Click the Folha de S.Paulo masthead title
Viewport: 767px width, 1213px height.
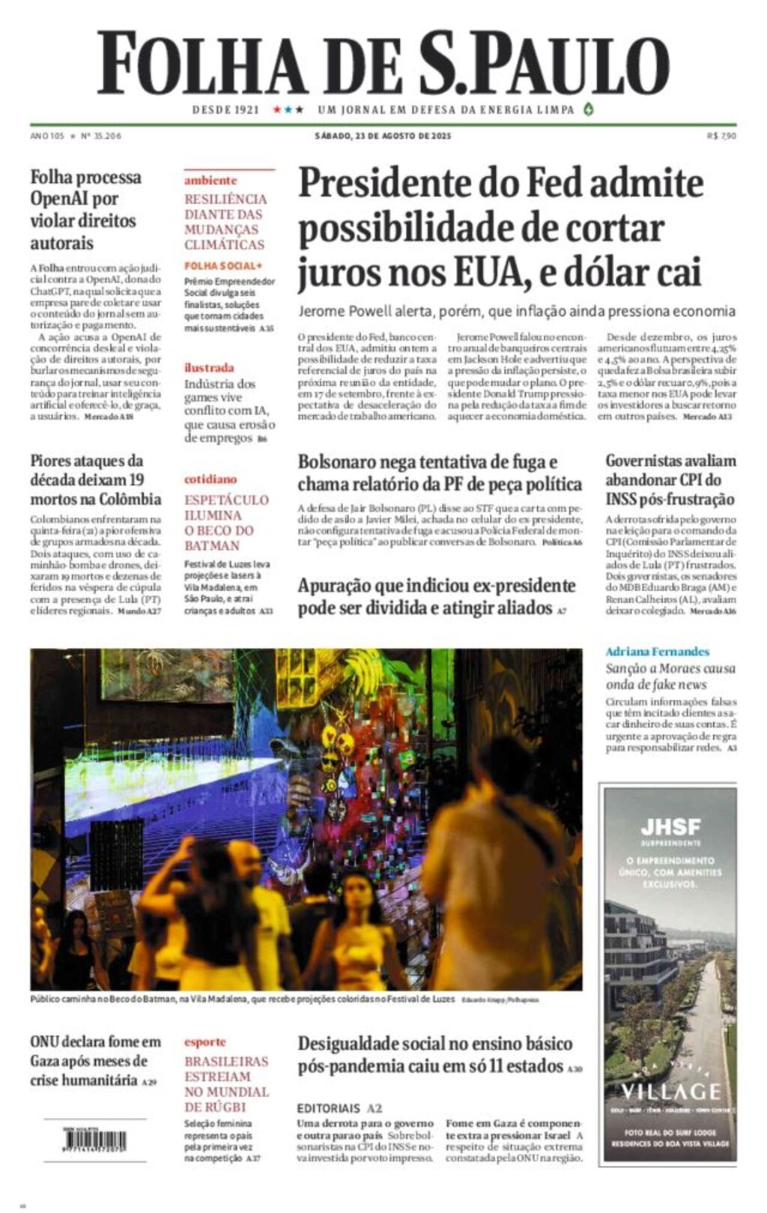pyautogui.click(x=383, y=64)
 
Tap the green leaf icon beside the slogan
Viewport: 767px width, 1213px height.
pyautogui.click(x=589, y=109)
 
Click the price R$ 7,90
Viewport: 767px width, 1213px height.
pyautogui.click(x=721, y=136)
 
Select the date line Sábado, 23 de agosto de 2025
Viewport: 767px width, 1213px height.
pyautogui.click(x=383, y=136)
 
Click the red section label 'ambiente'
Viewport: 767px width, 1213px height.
pyautogui.click(x=210, y=181)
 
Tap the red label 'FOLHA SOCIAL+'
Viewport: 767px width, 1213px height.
pyautogui.click(x=223, y=265)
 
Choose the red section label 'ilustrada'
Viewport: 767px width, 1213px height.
pyautogui.click(x=209, y=367)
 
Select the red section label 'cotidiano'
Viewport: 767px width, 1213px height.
pyautogui.click(x=210, y=479)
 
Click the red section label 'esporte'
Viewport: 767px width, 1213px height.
pyautogui.click(x=205, y=1041)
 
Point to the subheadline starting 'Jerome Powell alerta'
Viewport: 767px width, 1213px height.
pyautogui.click(x=517, y=311)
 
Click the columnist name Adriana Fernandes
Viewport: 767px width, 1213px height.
pyautogui.click(x=657, y=652)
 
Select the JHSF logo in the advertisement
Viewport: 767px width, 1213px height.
pyautogui.click(x=670, y=827)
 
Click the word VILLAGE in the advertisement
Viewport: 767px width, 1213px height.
pyautogui.click(x=670, y=1091)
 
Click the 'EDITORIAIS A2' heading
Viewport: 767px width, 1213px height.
pyautogui.click(x=339, y=1108)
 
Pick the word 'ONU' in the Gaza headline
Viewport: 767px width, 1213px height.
pyautogui.click(x=45, y=1041)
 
